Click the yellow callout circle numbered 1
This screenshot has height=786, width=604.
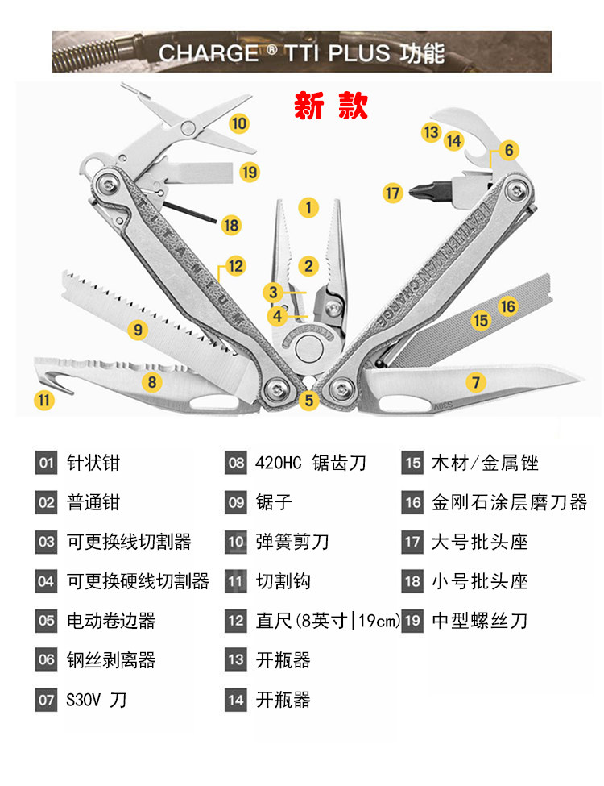coord(308,207)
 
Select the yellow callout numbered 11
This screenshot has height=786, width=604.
coord(44,398)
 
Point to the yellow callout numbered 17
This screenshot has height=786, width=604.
coord(392,193)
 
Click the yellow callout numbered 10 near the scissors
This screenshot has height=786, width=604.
coord(239,123)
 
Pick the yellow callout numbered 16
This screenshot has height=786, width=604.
coord(507,306)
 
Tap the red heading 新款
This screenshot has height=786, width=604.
coord(331,106)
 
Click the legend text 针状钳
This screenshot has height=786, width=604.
coord(93,463)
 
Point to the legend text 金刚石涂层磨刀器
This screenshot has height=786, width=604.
coord(510,502)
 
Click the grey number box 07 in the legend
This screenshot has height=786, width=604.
coord(46,700)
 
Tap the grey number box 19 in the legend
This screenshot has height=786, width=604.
coord(413,621)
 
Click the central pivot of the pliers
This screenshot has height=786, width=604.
coord(307,350)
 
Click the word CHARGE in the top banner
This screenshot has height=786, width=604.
coord(208,53)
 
